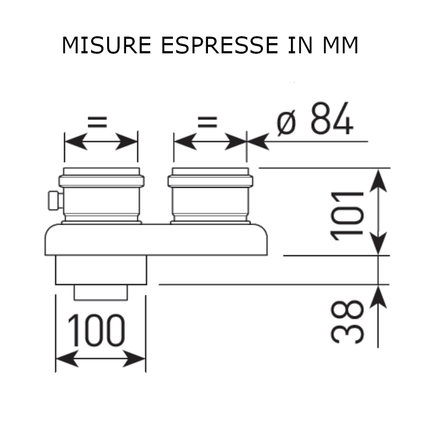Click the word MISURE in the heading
(107, 45)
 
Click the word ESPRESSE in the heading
(219, 45)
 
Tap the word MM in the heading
(340, 45)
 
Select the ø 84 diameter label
(315, 119)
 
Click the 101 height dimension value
(347, 217)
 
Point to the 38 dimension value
(347, 322)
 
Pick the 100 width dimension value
(96, 330)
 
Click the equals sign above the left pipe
(98, 122)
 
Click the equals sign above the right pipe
(207, 122)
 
